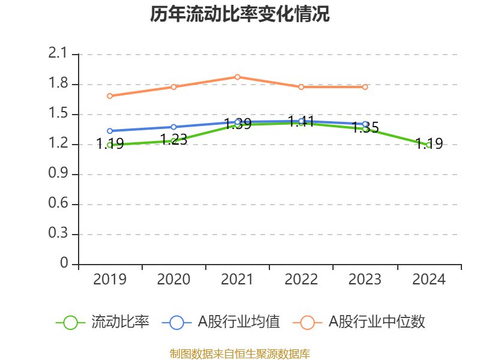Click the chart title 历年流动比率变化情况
click(x=240, y=14)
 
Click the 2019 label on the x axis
click(x=110, y=280)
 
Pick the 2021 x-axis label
click(x=238, y=280)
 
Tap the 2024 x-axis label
click(x=429, y=280)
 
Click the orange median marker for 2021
click(x=238, y=77)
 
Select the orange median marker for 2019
click(x=110, y=96)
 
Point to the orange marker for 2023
click(x=365, y=87)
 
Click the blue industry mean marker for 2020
click(x=174, y=127)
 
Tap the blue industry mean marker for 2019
click(x=110, y=131)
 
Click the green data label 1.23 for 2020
click(x=174, y=140)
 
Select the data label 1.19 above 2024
click(x=429, y=144)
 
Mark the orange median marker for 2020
click(x=174, y=87)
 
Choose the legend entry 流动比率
click(x=103, y=322)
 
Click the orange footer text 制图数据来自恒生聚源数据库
click(x=240, y=353)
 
